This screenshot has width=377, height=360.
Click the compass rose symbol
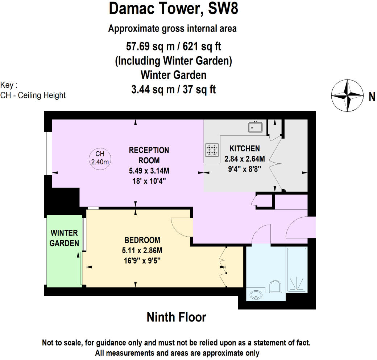[x=347, y=96]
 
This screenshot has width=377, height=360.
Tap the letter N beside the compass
[x=372, y=97]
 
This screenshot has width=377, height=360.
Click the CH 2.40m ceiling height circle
[x=100, y=158]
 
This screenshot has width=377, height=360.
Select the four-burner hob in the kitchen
[x=212, y=150]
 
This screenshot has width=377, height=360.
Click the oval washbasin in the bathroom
[x=257, y=295]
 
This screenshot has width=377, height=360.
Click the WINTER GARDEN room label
[x=65, y=238]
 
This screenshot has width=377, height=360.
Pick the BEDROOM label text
[x=142, y=240]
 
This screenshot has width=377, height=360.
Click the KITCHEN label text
[x=245, y=148]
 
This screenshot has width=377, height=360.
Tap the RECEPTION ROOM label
[x=149, y=155]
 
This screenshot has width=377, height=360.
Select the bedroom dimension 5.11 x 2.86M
[x=142, y=250]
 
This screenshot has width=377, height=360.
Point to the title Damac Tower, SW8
[x=174, y=9]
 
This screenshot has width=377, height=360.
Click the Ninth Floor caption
[x=176, y=317]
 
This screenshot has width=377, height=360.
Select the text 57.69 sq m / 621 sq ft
[x=174, y=46]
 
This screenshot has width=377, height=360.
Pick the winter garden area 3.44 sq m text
[x=174, y=89]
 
